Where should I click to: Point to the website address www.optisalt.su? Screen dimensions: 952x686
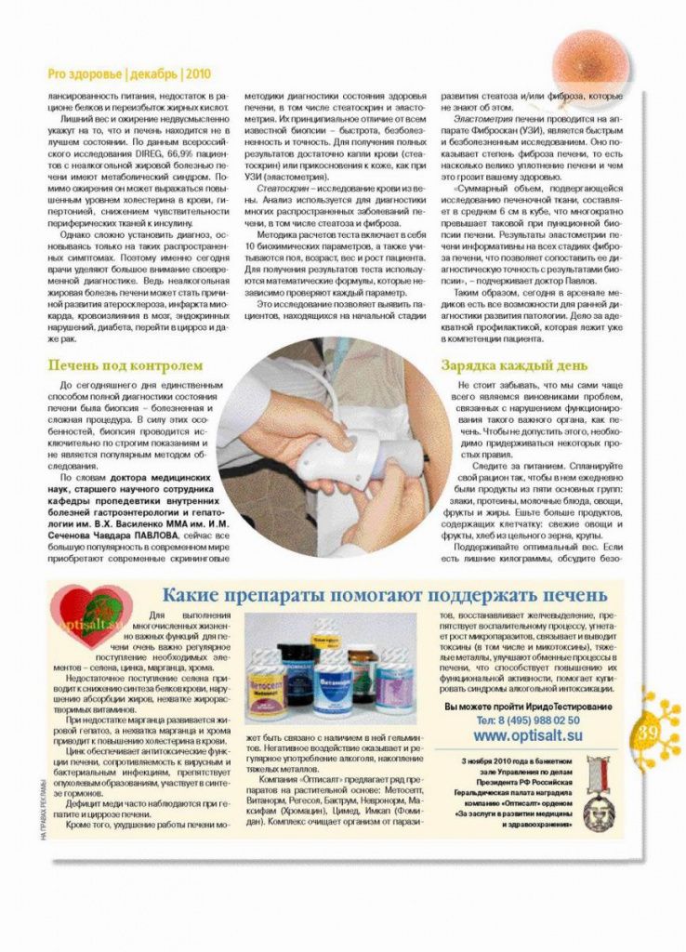[528, 735]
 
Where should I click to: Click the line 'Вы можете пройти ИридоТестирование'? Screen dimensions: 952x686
[527, 707]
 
